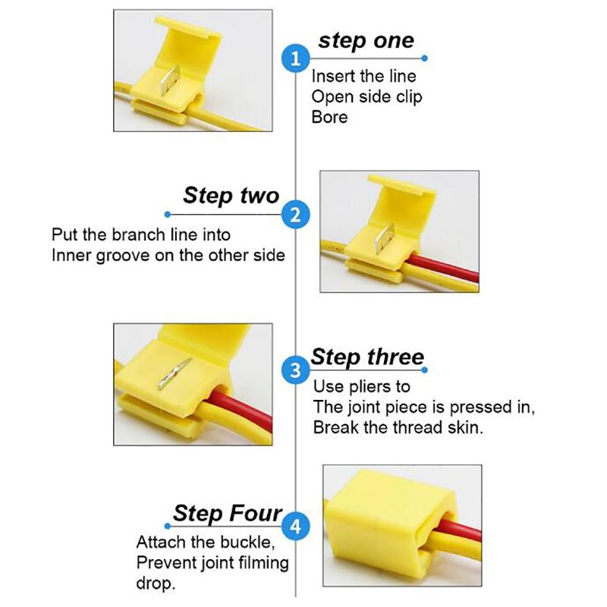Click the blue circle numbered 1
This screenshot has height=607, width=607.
pos(295,59)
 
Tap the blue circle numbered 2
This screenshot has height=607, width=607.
pos(295,215)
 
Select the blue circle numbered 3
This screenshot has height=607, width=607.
pos(295,370)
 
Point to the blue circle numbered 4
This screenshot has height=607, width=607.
pos(295,526)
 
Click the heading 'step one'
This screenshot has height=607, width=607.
pos(366,41)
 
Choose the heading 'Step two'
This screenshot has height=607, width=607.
pos(231,195)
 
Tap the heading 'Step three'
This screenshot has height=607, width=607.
pos(367,357)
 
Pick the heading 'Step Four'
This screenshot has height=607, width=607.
pos(228,514)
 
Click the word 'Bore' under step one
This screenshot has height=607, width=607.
pos(329,117)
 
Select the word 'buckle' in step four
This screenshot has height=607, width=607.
pos(250,542)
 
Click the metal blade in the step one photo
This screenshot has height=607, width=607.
pos(170,80)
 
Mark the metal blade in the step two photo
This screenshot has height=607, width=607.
pos(385,238)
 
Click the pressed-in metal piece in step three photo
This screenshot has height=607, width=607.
pos(175,373)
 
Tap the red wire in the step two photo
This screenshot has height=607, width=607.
pos(442,268)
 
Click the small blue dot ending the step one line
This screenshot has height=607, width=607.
pos(425,58)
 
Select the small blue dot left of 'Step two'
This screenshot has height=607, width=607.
pos(167,215)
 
